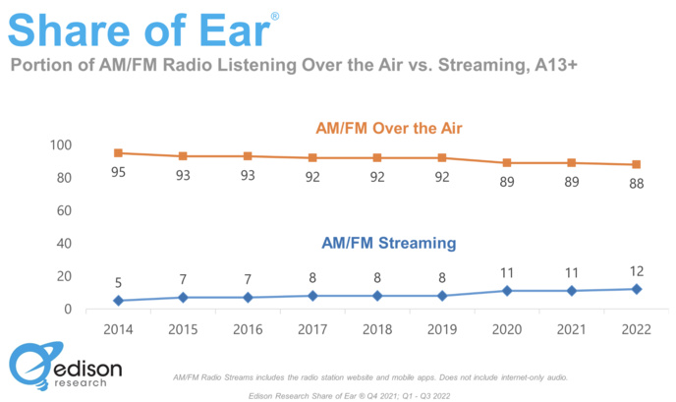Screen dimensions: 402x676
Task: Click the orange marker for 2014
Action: (118, 153)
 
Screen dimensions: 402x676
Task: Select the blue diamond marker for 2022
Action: (637, 289)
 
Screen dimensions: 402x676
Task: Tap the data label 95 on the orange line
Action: (118, 173)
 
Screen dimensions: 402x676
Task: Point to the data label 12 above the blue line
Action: (637, 269)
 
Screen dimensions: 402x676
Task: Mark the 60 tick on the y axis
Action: (66, 210)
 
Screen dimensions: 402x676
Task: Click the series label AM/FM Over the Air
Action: (388, 128)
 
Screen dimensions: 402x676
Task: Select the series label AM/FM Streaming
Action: (388, 243)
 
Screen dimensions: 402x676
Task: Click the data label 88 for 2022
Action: (637, 185)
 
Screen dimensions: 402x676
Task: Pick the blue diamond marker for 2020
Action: (507, 291)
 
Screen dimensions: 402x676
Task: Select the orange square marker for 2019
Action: (442, 158)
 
